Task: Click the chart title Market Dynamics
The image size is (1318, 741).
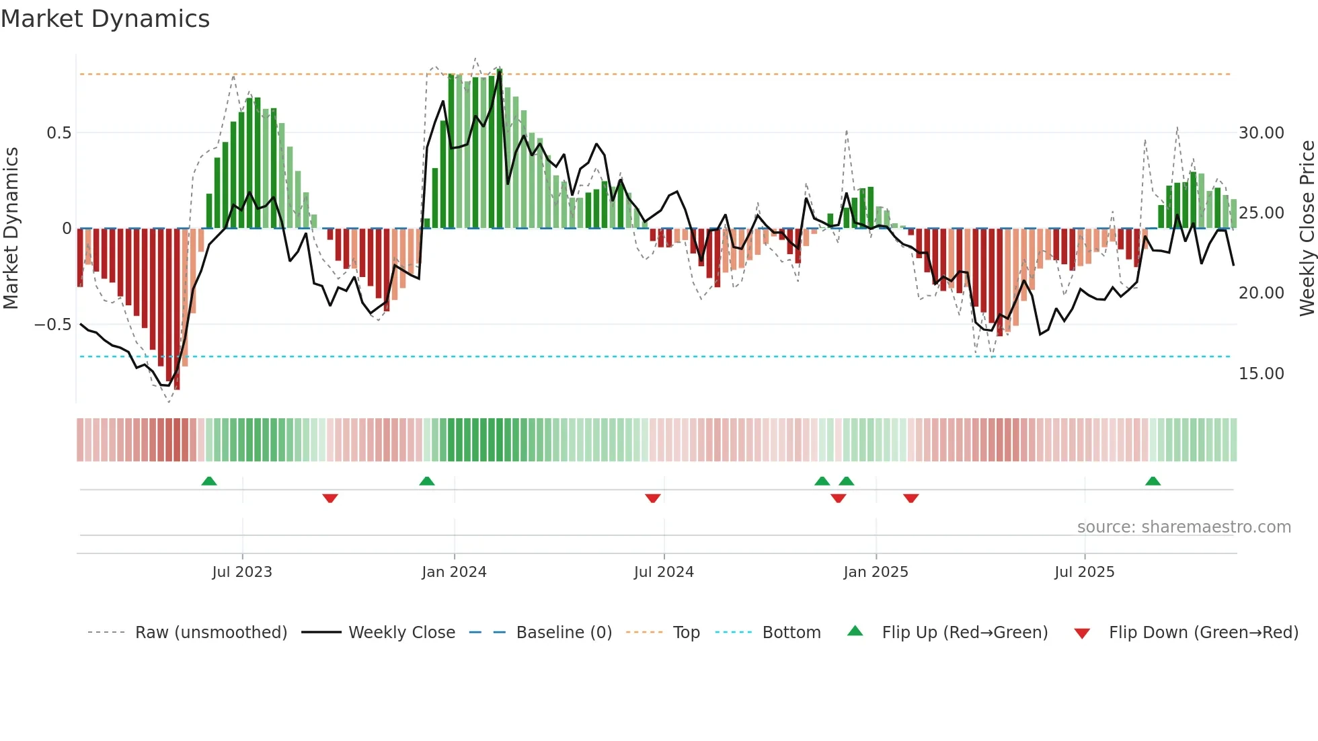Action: tap(105, 19)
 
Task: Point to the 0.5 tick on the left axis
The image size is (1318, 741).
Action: tap(59, 133)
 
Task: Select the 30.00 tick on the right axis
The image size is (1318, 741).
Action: tap(1261, 133)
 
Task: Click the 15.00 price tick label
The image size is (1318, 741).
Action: tap(1261, 374)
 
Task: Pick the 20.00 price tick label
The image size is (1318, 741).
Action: tap(1261, 293)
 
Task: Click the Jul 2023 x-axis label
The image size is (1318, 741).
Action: tap(242, 572)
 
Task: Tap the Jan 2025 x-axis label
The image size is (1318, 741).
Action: tap(876, 572)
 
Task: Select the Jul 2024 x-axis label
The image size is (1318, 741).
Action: tap(664, 572)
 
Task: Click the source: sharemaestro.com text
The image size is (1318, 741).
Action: tap(1184, 527)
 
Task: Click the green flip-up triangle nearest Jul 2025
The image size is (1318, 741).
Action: tap(1153, 481)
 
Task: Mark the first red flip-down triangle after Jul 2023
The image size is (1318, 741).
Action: tap(329, 498)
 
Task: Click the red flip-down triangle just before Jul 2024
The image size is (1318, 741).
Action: tap(652, 498)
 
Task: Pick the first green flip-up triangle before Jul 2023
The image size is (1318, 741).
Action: tap(209, 481)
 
